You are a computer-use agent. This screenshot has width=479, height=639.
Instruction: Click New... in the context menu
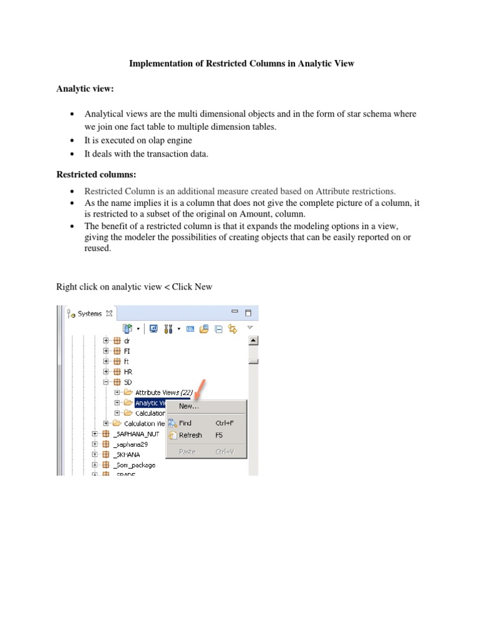point(188,406)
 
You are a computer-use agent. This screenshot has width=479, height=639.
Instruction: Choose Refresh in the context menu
point(190,435)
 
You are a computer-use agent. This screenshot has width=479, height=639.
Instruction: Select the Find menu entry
point(185,422)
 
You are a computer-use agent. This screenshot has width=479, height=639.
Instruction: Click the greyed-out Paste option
point(187,451)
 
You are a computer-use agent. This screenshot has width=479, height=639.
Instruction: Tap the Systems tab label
point(90,313)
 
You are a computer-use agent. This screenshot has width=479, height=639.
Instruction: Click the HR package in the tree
point(128,371)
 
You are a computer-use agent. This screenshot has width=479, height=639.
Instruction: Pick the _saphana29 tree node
point(130,444)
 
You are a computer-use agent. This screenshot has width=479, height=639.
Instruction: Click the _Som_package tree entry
point(135,465)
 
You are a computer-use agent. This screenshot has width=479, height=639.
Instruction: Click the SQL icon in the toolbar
point(190,328)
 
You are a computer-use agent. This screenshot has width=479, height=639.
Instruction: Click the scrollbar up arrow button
point(253,341)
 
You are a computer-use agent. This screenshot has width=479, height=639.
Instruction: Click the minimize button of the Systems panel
point(235,311)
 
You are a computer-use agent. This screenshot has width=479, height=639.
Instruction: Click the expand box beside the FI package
point(106,351)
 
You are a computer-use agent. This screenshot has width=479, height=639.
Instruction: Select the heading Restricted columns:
point(96,175)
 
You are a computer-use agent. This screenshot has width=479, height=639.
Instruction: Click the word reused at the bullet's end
point(97,248)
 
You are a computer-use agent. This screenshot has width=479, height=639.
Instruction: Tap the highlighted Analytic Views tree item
point(150,402)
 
